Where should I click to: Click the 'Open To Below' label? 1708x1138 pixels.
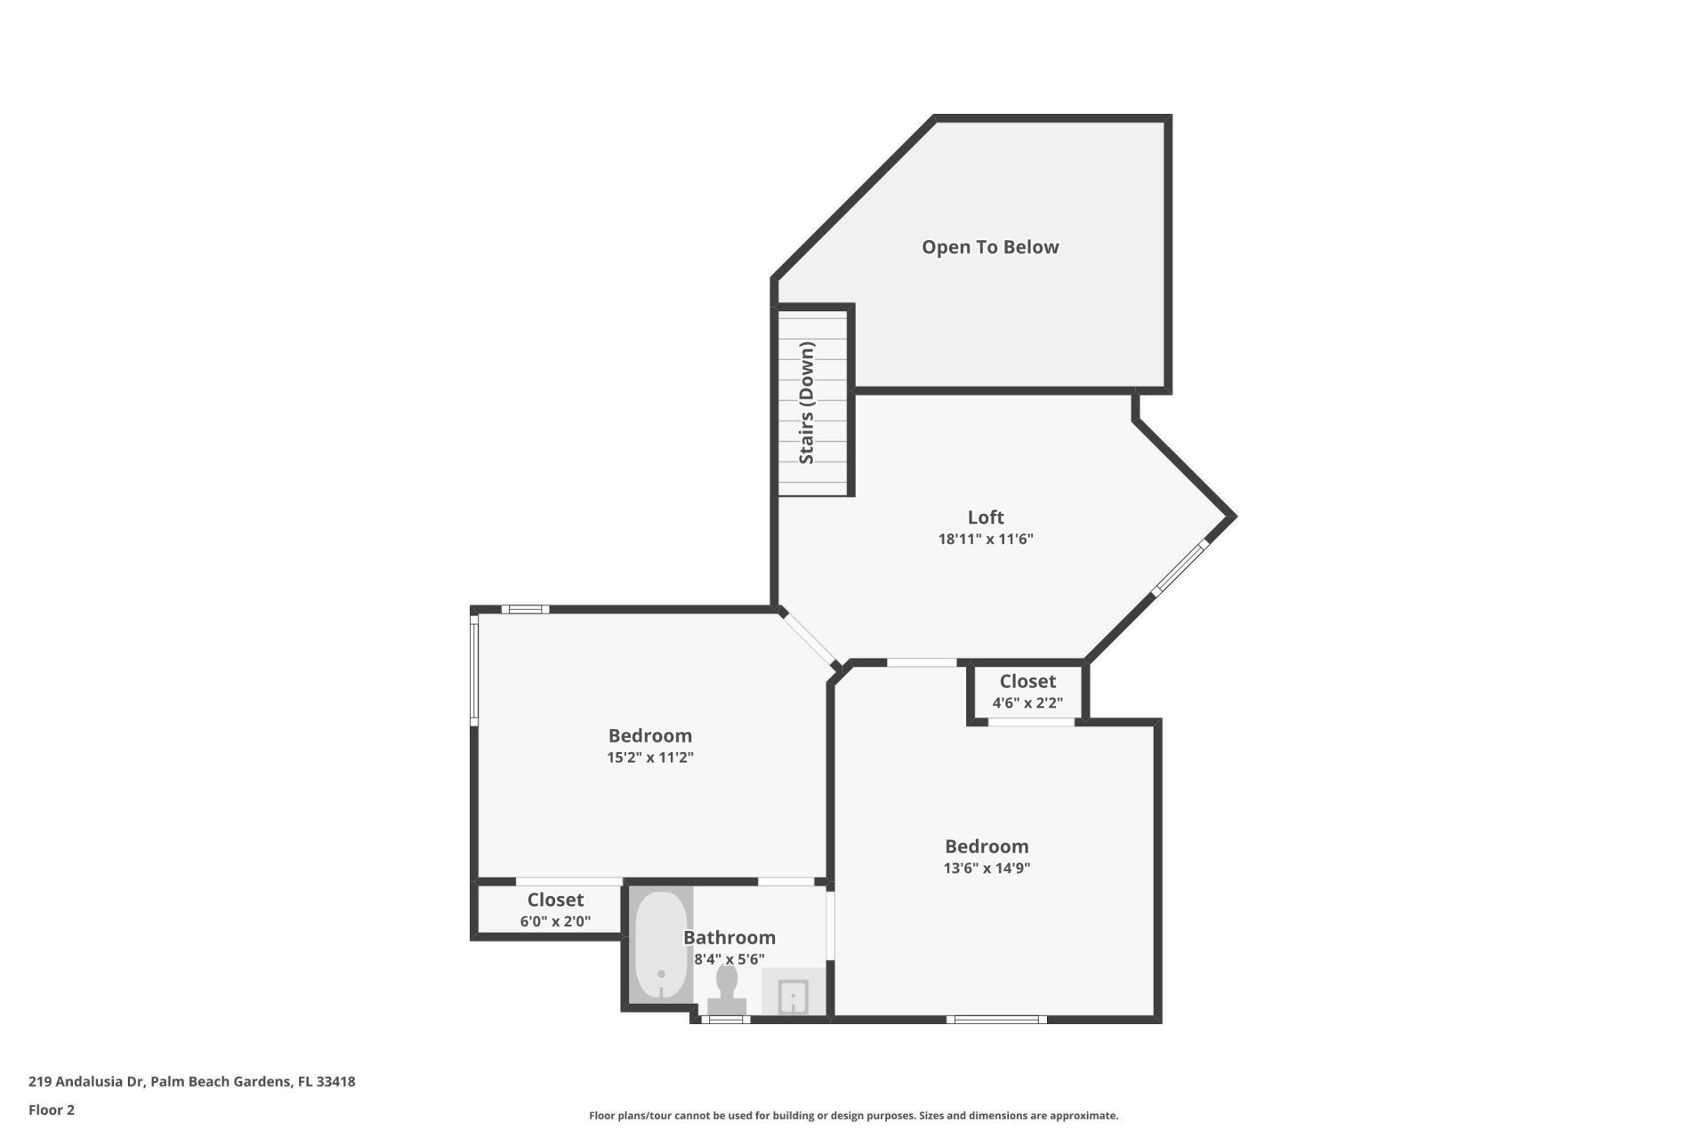click(989, 247)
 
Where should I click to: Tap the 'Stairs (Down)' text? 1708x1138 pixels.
click(807, 403)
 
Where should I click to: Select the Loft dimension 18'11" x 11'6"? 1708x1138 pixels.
click(985, 539)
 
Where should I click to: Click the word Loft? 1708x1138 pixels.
click(986, 517)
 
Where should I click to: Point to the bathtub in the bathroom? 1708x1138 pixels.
click(661, 945)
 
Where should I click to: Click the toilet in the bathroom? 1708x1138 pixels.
click(727, 988)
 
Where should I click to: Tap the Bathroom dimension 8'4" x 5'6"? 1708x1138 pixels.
click(729, 959)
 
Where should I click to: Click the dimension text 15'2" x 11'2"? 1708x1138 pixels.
click(649, 757)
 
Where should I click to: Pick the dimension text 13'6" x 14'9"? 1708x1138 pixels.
click(987, 868)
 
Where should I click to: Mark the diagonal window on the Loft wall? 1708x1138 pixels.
click(1181, 567)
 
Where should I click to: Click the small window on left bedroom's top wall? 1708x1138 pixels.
click(525, 609)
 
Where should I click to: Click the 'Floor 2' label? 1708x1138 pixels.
click(52, 1110)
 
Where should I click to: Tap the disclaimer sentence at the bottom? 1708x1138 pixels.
click(853, 1116)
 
